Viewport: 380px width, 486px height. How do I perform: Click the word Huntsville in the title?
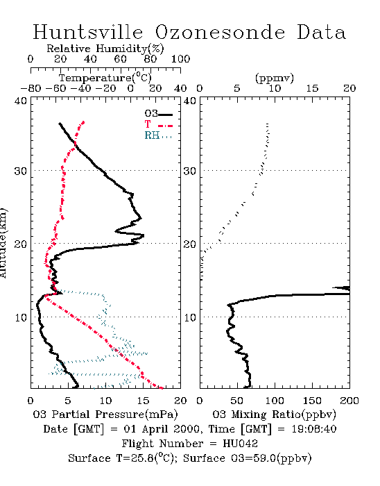[88, 32]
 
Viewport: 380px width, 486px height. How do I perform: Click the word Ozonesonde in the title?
[219, 32]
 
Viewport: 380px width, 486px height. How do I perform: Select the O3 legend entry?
[158, 114]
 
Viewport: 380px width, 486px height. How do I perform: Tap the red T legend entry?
[158, 124]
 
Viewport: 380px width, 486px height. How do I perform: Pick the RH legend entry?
[158, 135]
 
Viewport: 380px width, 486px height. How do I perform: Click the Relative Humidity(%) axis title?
[105, 49]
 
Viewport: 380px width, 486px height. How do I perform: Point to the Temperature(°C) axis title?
[105, 78]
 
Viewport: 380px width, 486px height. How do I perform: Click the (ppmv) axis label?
[275, 78]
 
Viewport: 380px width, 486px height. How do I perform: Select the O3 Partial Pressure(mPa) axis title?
[105, 414]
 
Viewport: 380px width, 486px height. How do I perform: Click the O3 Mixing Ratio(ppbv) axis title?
[274, 414]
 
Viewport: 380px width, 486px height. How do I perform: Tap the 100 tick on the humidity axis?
[180, 58]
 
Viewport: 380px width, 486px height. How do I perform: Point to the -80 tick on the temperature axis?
[31, 88]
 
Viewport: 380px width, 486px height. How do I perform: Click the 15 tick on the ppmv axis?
[312, 88]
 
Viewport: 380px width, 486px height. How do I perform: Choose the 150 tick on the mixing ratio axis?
[312, 401]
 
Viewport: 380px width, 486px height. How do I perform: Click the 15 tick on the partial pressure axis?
[143, 401]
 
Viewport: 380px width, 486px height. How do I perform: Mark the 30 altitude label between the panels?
[189, 171]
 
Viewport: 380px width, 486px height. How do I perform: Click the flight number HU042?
[240, 444]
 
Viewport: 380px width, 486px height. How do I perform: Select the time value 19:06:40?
[314, 429]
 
